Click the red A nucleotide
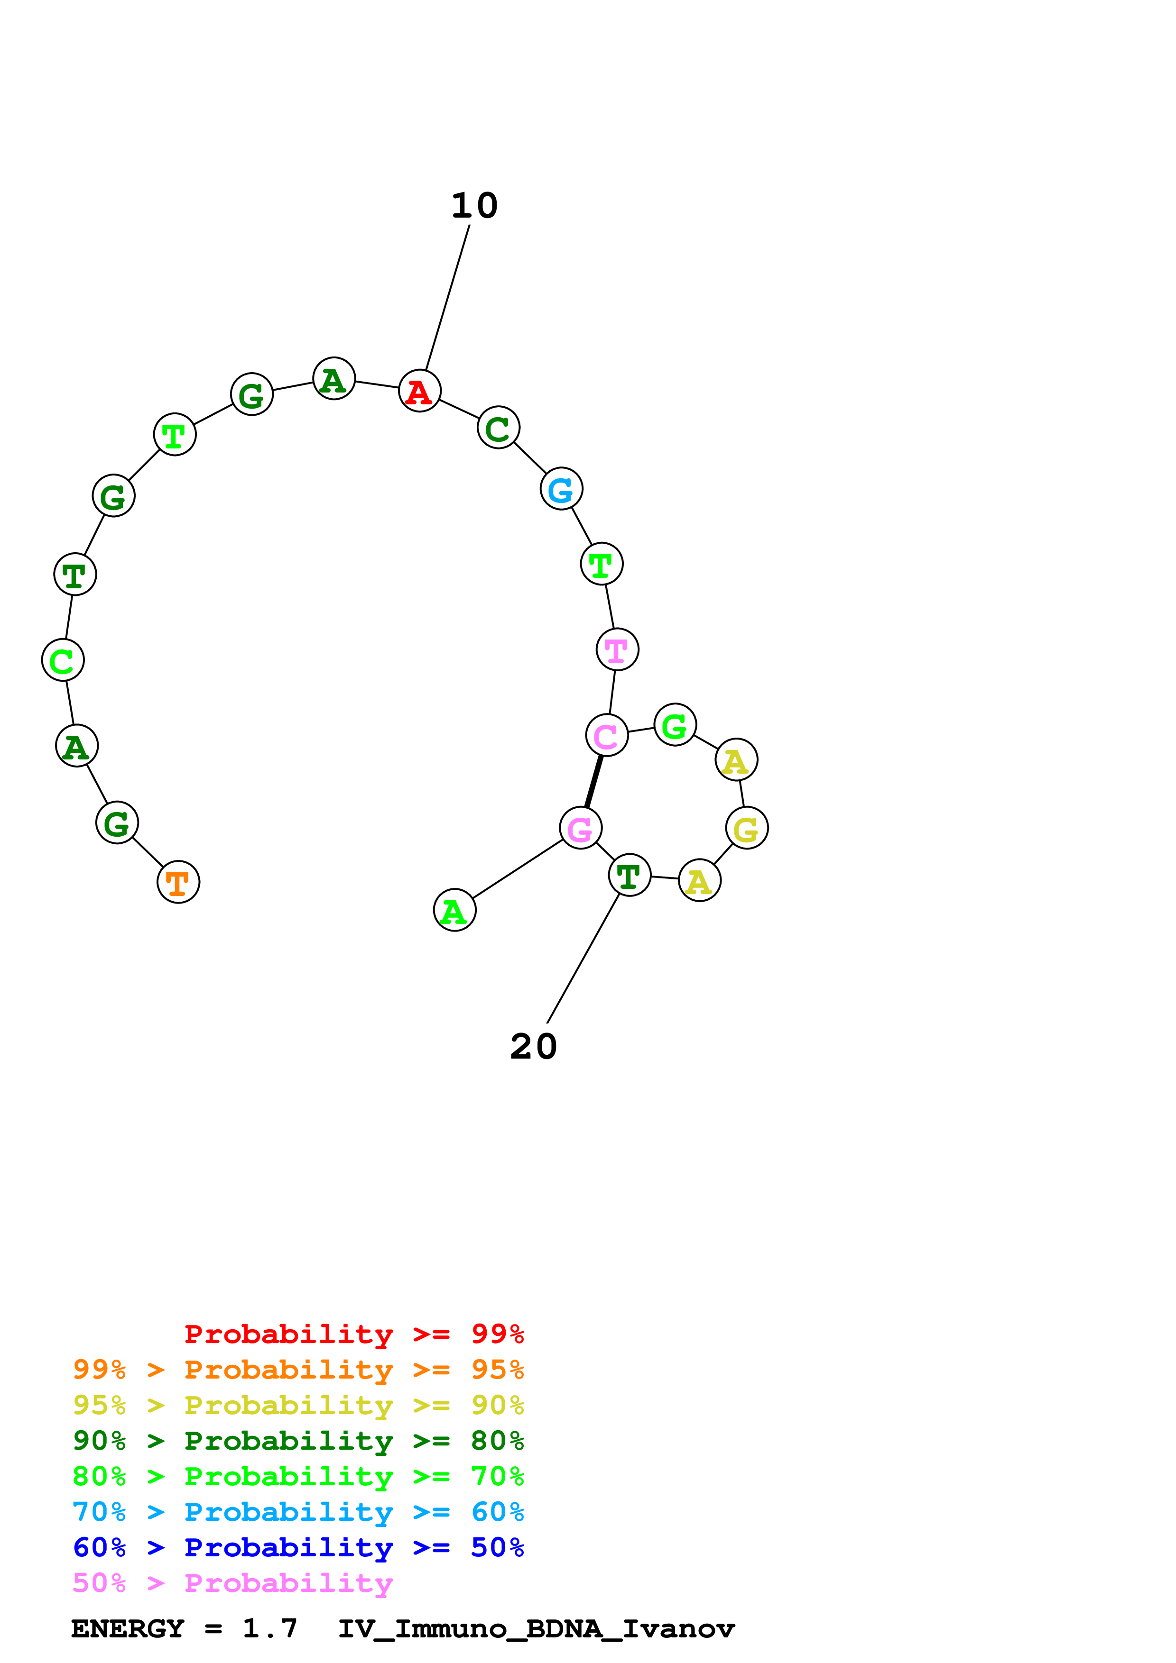(x=419, y=391)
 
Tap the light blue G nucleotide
(x=561, y=489)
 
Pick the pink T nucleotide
(x=617, y=650)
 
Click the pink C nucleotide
(x=606, y=735)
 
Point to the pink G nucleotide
(x=580, y=828)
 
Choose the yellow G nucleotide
(x=746, y=828)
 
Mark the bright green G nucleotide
(x=675, y=724)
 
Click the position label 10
(x=474, y=206)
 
